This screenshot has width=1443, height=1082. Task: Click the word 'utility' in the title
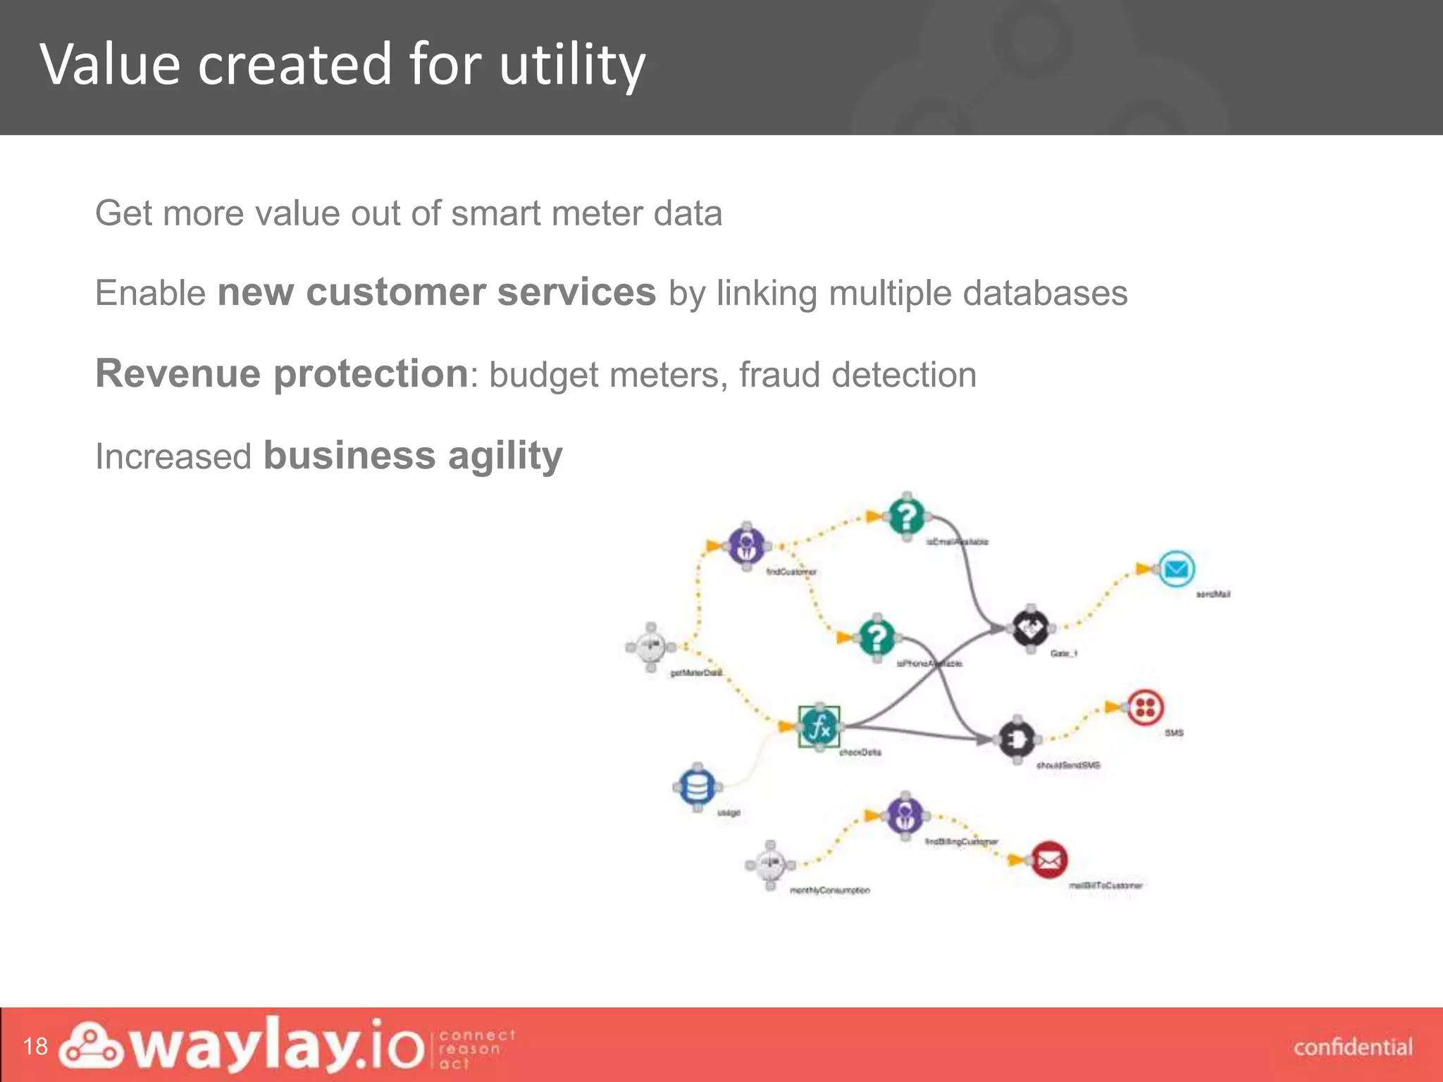[571, 65]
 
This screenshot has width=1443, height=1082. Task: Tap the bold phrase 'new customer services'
[436, 292]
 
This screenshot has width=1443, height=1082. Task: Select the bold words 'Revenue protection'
[282, 373]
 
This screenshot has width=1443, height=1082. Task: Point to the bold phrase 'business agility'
[413, 455]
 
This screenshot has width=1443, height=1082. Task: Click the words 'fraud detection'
[857, 375]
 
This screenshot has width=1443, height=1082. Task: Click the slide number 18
[35, 1046]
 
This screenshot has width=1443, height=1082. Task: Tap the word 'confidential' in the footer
[1353, 1047]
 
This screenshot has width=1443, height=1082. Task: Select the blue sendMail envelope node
[1176, 568]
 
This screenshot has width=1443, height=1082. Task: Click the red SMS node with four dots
[1145, 707]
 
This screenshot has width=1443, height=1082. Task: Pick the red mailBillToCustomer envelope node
[1049, 860]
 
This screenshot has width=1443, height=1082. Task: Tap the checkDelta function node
[819, 726]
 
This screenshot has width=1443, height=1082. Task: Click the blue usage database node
[697, 787]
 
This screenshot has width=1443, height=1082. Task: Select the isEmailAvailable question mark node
[907, 516]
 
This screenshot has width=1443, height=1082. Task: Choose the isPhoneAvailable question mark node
[877, 638]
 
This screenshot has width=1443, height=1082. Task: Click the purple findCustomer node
[746, 545]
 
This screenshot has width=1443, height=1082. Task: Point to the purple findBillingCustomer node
[905, 815]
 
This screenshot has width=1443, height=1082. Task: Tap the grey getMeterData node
[650, 647]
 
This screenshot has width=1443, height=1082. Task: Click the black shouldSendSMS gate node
[1017, 739]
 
